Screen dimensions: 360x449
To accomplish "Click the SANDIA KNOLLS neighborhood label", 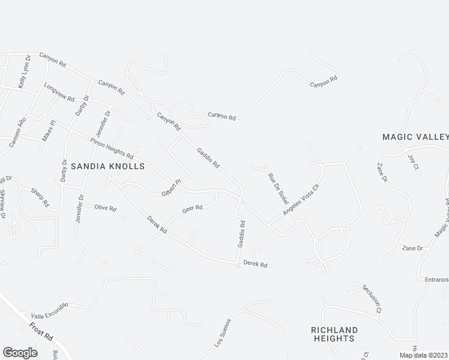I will tap(107, 166).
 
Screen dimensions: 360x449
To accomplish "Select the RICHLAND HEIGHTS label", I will tap(334, 334).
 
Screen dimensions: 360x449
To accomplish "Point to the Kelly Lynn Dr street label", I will tap(23, 75).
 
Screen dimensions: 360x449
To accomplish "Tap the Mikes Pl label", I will tap(48, 130).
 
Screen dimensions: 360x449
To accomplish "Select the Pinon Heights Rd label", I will tap(112, 148).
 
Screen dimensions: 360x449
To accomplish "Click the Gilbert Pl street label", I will tap(171, 187).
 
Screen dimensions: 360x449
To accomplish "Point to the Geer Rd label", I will tap(193, 209).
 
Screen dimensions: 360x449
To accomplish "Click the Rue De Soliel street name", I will tap(278, 187).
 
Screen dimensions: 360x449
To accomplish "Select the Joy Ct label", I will tap(412, 163).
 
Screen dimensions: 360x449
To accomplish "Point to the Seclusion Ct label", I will tap(372, 298).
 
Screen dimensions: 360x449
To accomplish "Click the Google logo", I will tap(20, 352).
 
